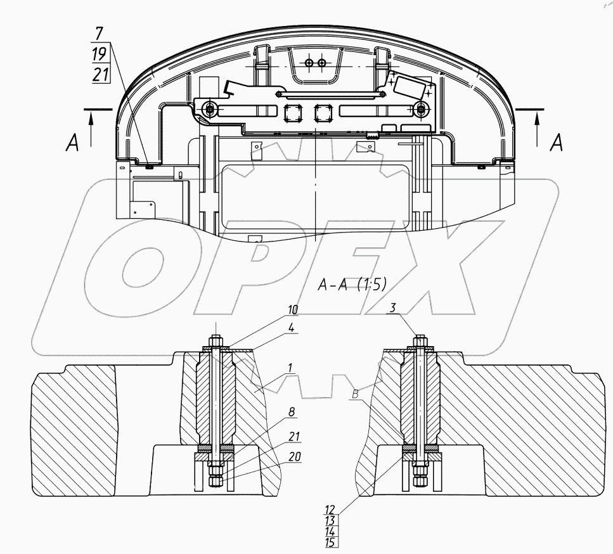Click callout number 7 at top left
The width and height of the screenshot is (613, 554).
[x=99, y=33]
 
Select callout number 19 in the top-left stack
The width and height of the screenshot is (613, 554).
[x=100, y=54]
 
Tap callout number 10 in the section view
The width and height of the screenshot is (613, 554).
[x=293, y=310]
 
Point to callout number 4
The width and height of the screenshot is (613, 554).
[x=291, y=328]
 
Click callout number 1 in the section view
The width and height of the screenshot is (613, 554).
[x=290, y=368]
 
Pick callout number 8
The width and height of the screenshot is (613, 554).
[x=291, y=412]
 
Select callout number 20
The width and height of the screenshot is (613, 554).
[x=295, y=456]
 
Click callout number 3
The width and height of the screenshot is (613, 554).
[x=392, y=307]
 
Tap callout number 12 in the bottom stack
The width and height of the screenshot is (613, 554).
[x=330, y=510]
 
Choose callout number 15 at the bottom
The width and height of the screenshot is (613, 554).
[x=330, y=543]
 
